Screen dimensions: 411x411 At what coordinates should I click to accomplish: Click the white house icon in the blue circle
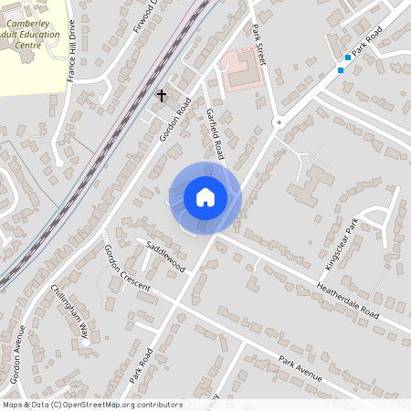[x=205, y=197]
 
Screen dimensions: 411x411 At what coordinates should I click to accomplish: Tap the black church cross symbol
[x=162, y=95]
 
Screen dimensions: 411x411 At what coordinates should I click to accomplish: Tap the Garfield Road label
[x=216, y=132]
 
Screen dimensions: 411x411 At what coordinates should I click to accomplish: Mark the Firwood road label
[x=146, y=16]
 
